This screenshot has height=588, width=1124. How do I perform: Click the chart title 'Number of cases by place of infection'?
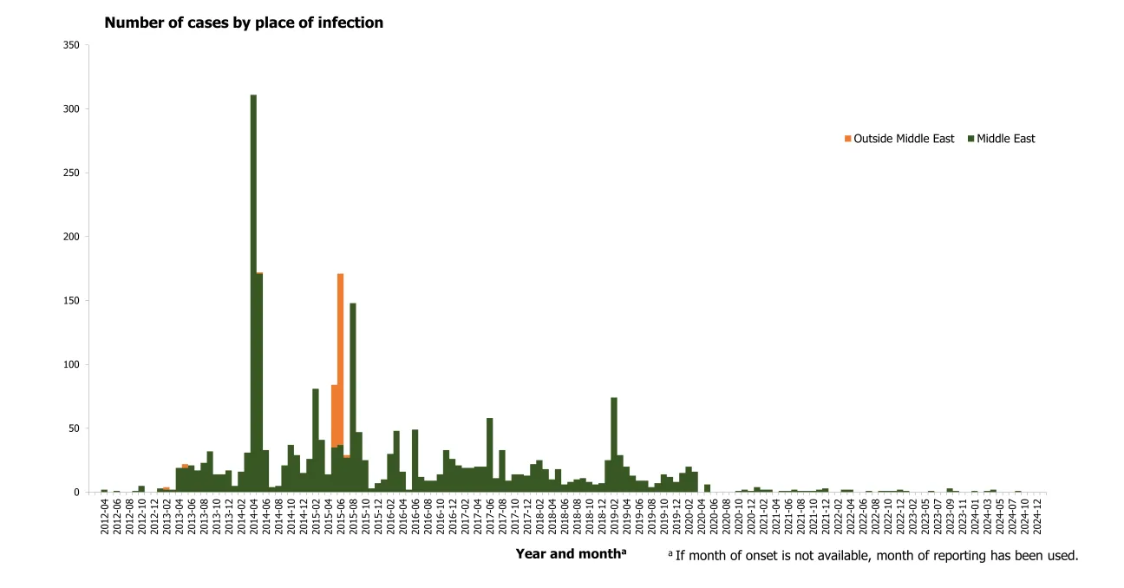point(244,23)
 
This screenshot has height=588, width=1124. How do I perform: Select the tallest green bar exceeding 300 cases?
point(253,295)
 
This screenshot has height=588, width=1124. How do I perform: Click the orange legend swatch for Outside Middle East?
point(847,139)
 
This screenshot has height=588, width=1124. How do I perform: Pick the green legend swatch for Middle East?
point(970,139)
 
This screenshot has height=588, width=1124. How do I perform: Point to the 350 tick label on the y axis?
point(70,45)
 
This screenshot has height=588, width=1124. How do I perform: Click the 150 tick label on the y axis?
point(70,301)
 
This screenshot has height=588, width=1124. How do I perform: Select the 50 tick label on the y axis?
point(73,428)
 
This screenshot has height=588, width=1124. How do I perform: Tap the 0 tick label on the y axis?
point(76,493)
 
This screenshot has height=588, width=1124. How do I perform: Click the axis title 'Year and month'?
point(571,554)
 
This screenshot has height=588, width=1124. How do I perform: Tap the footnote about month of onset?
point(872,555)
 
